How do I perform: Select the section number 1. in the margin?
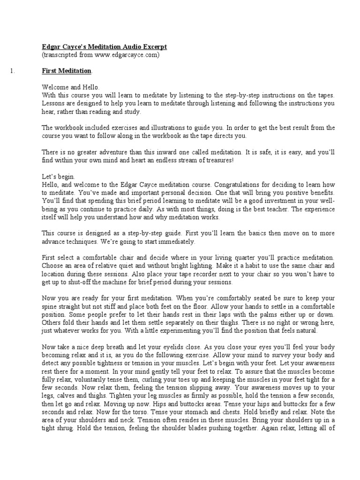tap(13, 71)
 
